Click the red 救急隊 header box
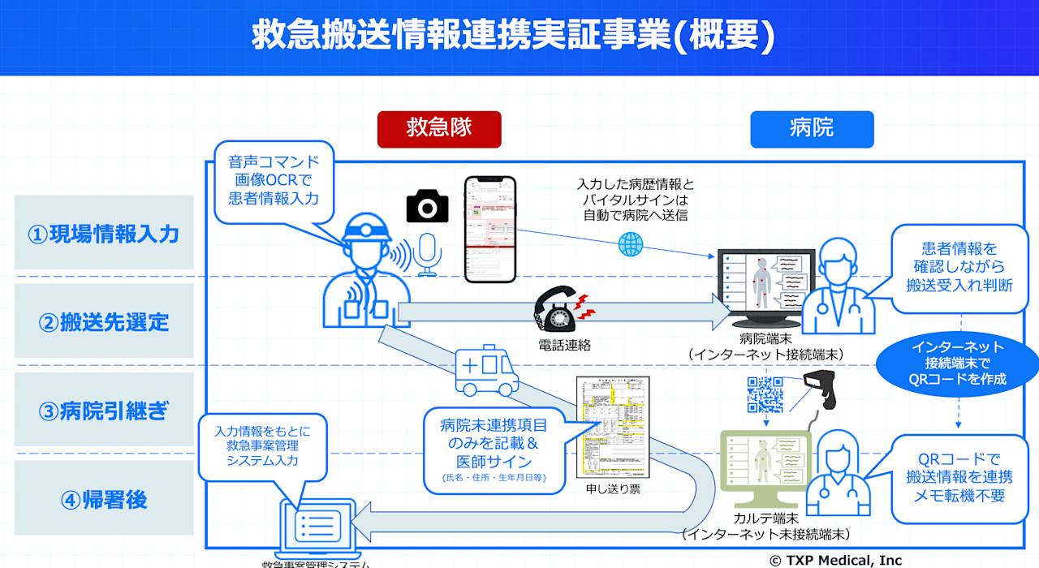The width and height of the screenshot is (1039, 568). point(439,129)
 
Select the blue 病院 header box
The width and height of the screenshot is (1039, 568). point(812,129)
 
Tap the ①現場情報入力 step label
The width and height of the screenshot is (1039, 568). point(104,234)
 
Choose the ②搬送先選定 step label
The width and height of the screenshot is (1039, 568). point(104,321)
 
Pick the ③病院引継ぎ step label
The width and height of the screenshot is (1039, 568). point(104,411)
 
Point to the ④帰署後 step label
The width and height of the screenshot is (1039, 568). point(104,499)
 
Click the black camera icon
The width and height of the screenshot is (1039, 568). point(427,206)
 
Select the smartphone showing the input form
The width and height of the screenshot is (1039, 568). point(490,230)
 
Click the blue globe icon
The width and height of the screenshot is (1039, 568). point(630,244)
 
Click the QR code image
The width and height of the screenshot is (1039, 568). point(765,395)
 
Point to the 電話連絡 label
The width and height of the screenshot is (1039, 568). point(564,344)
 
